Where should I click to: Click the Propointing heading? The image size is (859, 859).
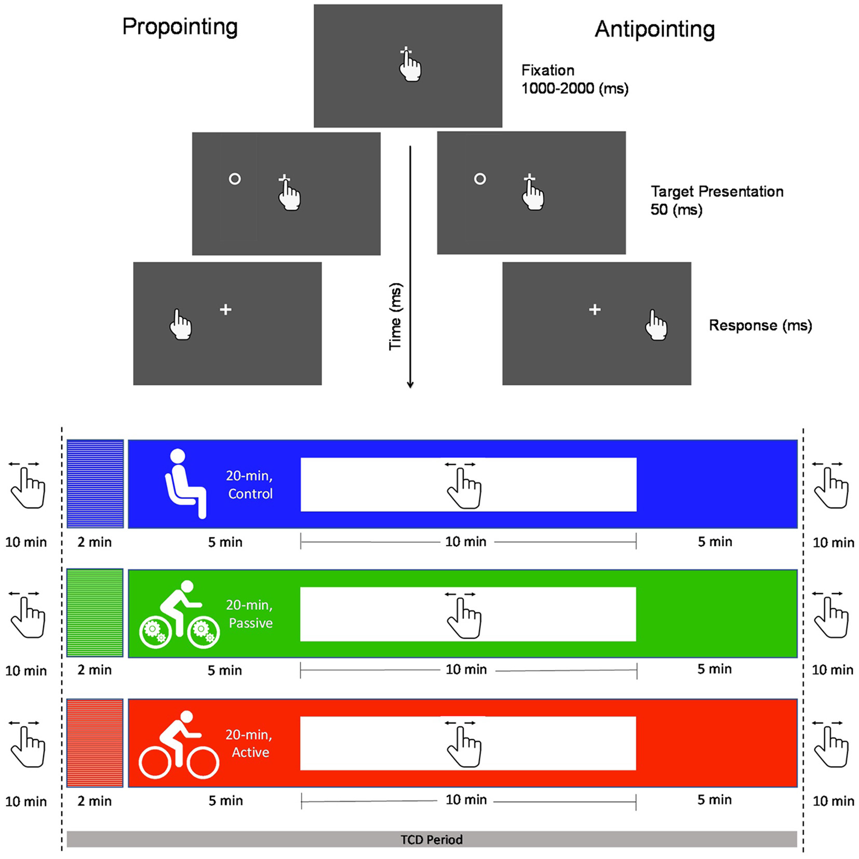[x=180, y=26]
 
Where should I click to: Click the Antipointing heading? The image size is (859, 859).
[x=654, y=29]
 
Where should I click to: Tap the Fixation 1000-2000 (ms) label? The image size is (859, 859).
[x=574, y=79]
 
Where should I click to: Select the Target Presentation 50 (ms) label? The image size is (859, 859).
[x=717, y=200]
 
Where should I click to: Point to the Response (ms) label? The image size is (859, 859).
[x=760, y=326]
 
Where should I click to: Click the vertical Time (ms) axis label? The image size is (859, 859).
[x=395, y=316]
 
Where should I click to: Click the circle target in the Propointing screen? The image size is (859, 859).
[x=235, y=179]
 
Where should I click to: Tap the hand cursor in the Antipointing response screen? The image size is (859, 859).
[x=656, y=325]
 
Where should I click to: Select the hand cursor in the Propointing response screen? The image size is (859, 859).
[x=181, y=325]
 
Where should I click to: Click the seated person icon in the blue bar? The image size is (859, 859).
[x=184, y=484]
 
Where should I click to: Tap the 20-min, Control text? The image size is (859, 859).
[x=249, y=485]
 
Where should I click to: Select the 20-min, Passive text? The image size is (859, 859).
[x=249, y=614]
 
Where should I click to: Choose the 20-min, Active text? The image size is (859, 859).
[x=249, y=744]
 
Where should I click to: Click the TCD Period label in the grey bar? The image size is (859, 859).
[x=431, y=839]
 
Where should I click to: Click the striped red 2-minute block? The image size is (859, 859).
[x=95, y=743]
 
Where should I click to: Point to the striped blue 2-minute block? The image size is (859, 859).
[x=95, y=484]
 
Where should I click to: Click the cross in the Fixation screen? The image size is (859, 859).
[x=406, y=51]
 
